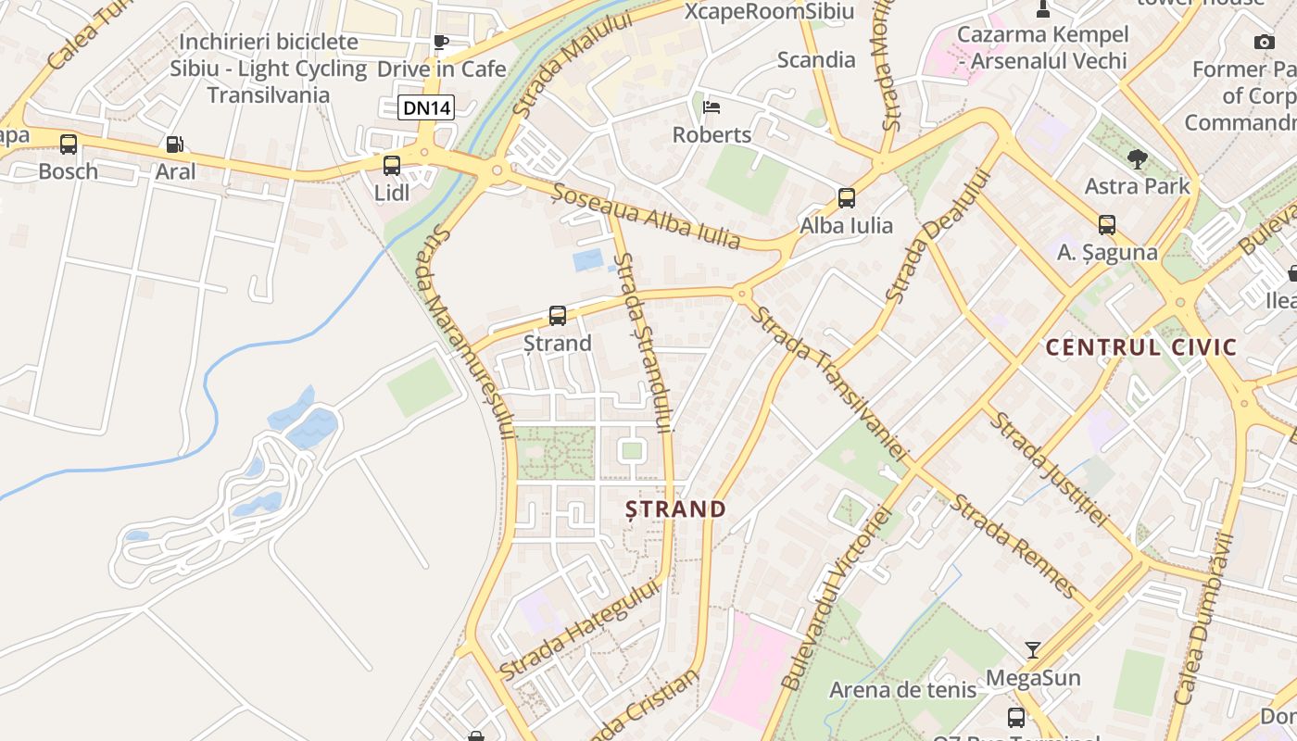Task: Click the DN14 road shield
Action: tap(427, 107)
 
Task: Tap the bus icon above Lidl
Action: tap(392, 166)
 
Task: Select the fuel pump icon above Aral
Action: tap(174, 144)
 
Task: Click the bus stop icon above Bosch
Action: tap(69, 144)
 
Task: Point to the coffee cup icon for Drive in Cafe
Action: tap(441, 42)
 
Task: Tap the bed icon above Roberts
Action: tap(711, 107)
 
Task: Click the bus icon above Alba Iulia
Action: tap(846, 197)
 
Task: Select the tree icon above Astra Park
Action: tap(1137, 159)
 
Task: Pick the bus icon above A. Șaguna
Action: tap(1106, 225)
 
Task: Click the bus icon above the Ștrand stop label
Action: tap(558, 316)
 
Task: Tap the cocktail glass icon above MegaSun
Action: tap(1033, 649)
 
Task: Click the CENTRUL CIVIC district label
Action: tap(1140, 348)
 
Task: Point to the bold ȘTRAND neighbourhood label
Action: tap(675, 509)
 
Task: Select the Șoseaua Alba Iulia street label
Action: tap(647, 217)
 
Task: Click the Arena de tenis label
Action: tap(902, 690)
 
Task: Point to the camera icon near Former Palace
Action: tap(1264, 42)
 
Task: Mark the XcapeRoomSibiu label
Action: tap(769, 11)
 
